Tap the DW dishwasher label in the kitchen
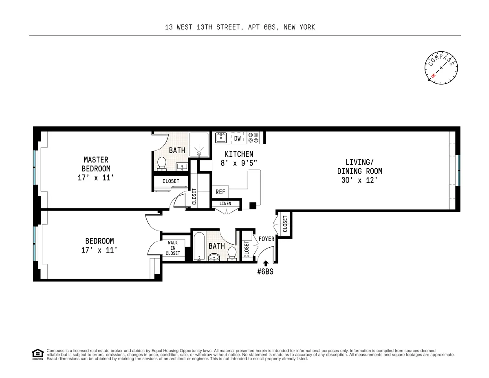point(238,138)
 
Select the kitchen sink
point(221,138)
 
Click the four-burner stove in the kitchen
point(253,138)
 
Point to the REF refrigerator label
point(220,192)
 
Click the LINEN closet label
point(225,204)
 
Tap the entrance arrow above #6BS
point(266,264)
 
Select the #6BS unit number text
point(265,272)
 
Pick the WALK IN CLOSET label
point(173,248)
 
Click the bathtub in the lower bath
point(199,246)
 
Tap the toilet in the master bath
point(161,163)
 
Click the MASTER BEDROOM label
point(96,164)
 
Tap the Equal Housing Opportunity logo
point(37,354)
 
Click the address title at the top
point(240,27)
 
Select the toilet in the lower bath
point(232,253)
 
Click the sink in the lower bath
point(214,257)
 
